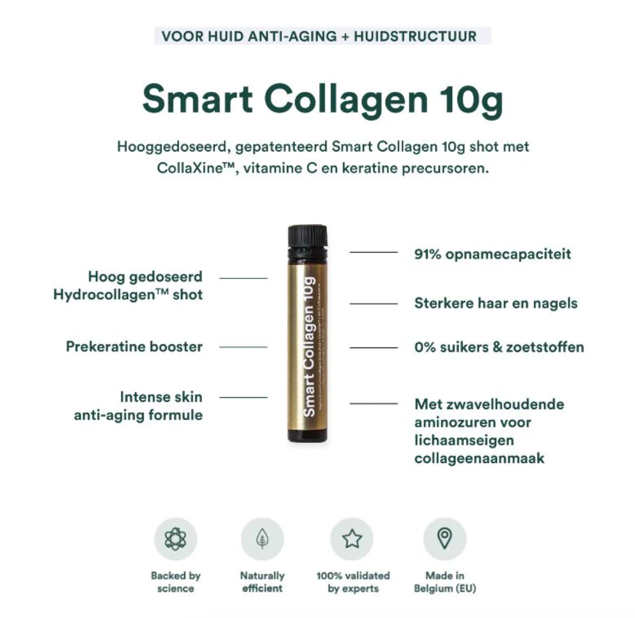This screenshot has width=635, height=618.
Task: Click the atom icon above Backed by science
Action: click(175, 539)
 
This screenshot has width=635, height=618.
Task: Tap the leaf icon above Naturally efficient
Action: click(262, 539)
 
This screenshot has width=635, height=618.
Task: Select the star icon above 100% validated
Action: click(352, 539)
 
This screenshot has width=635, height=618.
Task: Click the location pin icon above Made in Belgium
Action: click(444, 538)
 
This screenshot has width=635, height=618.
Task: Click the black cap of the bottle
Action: click(308, 237)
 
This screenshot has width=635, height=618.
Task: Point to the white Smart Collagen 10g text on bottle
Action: click(309, 347)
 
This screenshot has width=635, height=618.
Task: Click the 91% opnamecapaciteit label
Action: click(492, 254)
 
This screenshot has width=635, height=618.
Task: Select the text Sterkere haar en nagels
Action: click(496, 303)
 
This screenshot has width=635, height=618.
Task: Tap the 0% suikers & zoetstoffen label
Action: click(499, 347)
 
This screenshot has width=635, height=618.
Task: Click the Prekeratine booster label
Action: click(134, 347)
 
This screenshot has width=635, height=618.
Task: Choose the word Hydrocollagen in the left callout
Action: click(104, 295)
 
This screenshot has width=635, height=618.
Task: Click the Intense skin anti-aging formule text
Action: click(138, 406)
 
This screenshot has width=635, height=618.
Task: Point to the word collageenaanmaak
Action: click(479, 458)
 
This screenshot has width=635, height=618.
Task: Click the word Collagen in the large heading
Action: click(346, 99)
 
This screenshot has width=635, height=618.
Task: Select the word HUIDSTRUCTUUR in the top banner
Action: click(415, 37)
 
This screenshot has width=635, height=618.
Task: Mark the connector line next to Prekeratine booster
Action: click(243, 347)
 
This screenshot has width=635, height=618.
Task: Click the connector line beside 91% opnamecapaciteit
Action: click(373, 253)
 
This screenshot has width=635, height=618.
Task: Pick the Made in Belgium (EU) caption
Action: click(445, 582)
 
